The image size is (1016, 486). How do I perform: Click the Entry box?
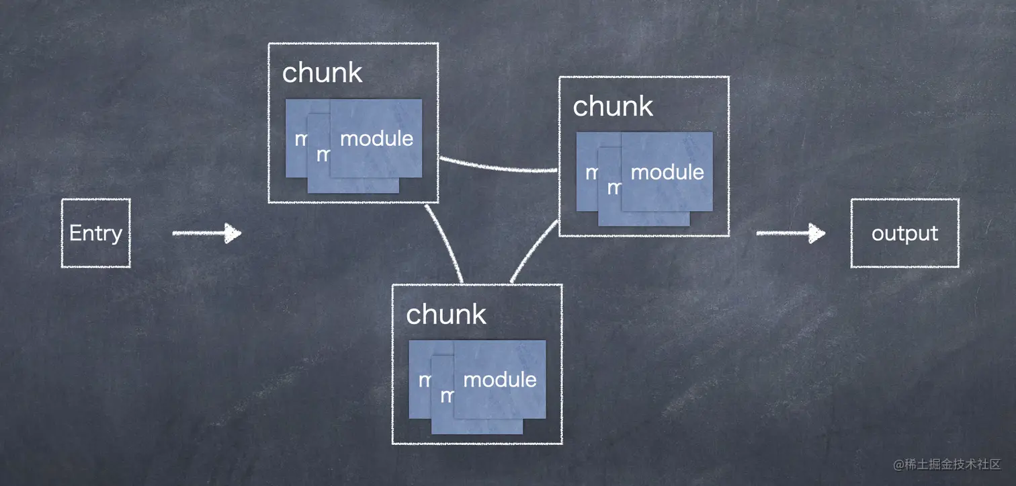point(95,233)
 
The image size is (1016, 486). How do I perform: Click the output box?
point(904,233)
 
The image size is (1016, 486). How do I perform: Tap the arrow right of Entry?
point(206,233)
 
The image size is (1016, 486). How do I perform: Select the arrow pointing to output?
point(790,233)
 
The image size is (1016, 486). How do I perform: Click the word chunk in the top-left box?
point(322,73)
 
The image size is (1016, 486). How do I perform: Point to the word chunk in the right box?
point(612,106)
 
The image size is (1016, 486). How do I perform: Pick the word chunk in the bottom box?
point(446,314)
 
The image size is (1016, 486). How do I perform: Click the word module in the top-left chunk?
point(376,138)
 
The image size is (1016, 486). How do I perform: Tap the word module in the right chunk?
point(667,172)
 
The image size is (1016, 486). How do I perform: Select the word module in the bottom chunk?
point(499,380)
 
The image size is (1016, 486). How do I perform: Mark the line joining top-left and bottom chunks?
point(444,242)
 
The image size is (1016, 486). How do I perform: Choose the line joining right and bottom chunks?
point(534,251)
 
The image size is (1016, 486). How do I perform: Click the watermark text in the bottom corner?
point(947,464)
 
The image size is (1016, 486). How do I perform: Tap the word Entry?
point(95,233)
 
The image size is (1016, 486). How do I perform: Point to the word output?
point(904,233)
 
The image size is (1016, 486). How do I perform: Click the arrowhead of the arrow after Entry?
point(233,233)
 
